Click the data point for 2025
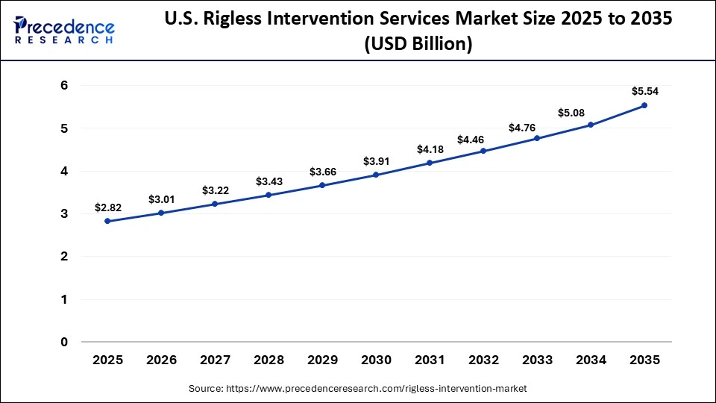point(107,221)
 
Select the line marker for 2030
point(376,175)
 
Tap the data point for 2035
point(644,105)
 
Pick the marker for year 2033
point(537,138)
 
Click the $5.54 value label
point(644,91)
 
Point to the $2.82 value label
point(107,207)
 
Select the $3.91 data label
point(376,161)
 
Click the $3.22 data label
point(215,190)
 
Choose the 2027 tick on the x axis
point(215,360)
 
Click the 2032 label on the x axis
point(483,360)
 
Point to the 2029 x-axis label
point(322,360)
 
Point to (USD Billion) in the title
point(418,44)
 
